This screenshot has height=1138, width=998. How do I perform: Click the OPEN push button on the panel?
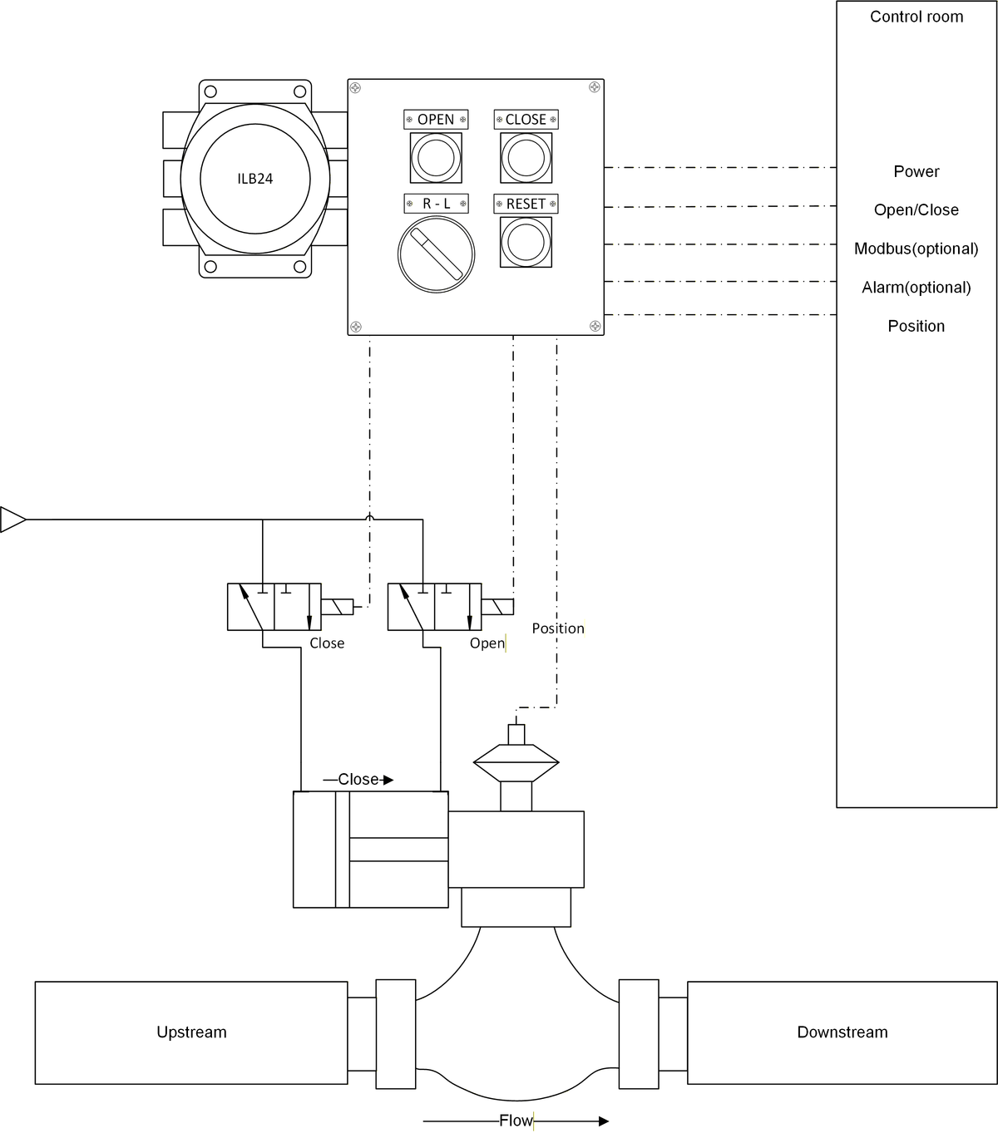coord(436,157)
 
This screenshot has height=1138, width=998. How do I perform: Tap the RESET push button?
coord(526,242)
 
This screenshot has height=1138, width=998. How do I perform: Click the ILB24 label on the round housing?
coord(254,179)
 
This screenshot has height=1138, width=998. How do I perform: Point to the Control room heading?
coord(916,17)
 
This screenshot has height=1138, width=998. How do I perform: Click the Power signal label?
coord(916,171)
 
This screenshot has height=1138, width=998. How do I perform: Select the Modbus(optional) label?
coord(916,249)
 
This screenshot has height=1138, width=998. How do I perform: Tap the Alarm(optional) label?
coord(916,288)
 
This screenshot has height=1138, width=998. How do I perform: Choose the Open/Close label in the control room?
coord(916,210)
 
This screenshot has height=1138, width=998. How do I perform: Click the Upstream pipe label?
coord(191,1032)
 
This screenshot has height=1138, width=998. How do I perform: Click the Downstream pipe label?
coord(842,1032)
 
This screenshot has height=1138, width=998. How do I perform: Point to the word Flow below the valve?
coord(516,1121)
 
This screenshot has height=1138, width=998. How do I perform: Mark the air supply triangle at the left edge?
coord(12,520)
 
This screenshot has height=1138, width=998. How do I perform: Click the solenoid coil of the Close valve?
coord(337,607)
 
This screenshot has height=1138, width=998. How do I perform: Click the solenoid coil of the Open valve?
coord(497,607)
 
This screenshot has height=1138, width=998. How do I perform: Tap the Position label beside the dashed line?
coord(557,628)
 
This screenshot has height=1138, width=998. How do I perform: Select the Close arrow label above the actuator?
coord(358,780)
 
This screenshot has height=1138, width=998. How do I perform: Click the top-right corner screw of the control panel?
coord(594,87)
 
